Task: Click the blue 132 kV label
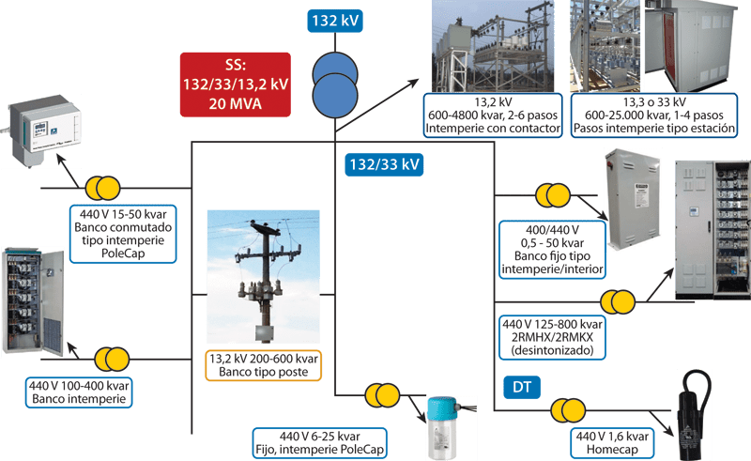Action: click(x=335, y=20)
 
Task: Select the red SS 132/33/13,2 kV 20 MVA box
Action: click(x=234, y=85)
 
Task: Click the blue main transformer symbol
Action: click(x=335, y=79)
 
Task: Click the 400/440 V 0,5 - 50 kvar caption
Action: click(x=553, y=250)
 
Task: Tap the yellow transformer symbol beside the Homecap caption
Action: click(x=573, y=408)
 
